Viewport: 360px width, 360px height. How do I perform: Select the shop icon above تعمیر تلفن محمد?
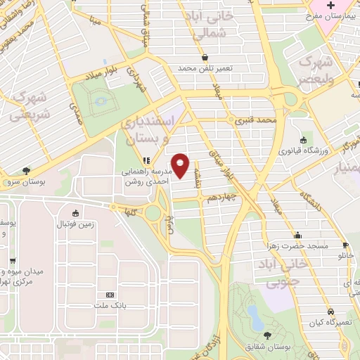204,58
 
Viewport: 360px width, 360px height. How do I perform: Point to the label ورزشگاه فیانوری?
303,150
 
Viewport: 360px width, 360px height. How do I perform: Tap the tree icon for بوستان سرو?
27,169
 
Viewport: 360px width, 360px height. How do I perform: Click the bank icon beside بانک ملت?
109,295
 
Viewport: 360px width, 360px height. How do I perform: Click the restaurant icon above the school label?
148,160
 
